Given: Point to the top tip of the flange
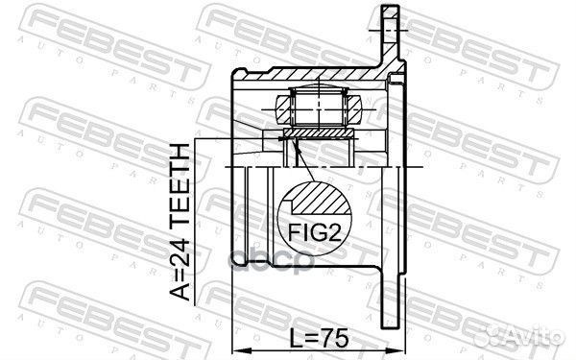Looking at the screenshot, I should [388, 9].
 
